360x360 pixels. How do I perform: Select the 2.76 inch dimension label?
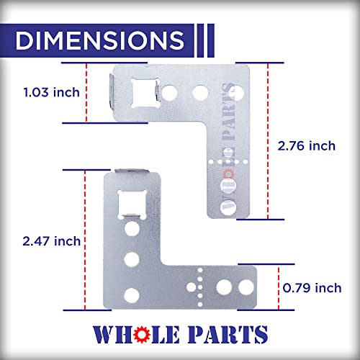tap(306, 145)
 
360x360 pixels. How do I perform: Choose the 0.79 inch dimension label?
tap(312, 288)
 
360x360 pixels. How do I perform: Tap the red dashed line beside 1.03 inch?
tap(86, 92)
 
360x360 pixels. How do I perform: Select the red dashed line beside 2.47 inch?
tap(86, 240)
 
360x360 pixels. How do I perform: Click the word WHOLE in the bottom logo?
tap(137, 334)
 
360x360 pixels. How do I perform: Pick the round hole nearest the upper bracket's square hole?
tap(172, 91)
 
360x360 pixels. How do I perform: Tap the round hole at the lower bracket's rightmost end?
tap(246, 287)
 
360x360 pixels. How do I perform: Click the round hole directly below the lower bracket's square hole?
tap(132, 230)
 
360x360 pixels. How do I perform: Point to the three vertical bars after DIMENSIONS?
tap(204, 41)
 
